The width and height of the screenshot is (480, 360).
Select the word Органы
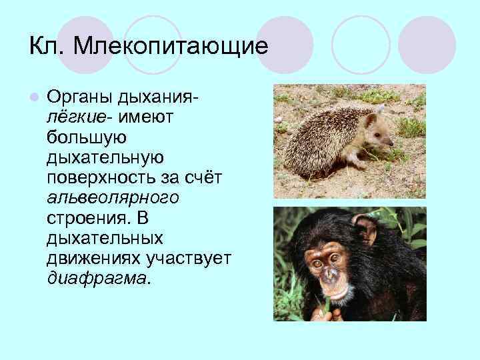pos(81,99)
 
